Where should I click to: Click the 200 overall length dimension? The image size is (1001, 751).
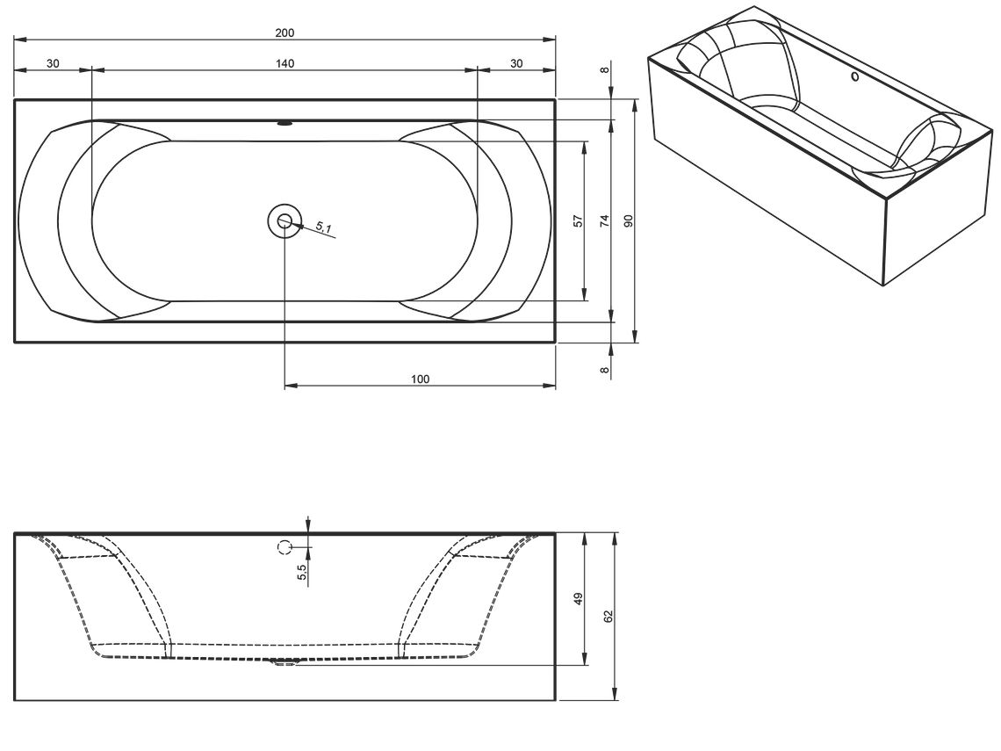pyautogui.click(x=284, y=32)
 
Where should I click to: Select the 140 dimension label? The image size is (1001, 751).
pyautogui.click(x=284, y=63)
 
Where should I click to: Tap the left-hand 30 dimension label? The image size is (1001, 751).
pyautogui.click(x=53, y=63)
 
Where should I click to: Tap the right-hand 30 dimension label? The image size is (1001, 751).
pyautogui.click(x=516, y=63)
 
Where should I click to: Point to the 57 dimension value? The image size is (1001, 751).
pyautogui.click(x=579, y=221)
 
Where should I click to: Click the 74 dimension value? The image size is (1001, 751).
pyautogui.click(x=605, y=221)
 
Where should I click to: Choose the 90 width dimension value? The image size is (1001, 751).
pyautogui.click(x=628, y=221)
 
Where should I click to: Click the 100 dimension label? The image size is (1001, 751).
pyautogui.click(x=420, y=379)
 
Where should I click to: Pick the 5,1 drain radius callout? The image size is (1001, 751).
pyautogui.click(x=324, y=227)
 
